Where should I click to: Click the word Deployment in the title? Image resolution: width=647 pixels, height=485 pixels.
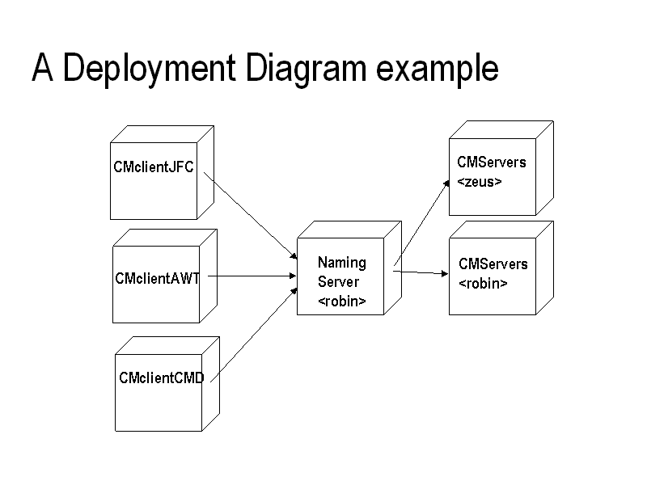(149, 69)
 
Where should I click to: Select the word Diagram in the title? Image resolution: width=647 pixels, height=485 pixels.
(306, 69)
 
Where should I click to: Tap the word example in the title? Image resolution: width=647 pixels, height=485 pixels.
(438, 69)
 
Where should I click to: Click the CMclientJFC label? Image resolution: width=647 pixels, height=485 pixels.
(154, 167)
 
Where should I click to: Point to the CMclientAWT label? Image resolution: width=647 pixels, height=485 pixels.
(157, 278)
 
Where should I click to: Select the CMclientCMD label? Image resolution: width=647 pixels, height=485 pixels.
(161, 377)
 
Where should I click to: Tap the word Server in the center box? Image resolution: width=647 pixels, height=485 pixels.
(338, 282)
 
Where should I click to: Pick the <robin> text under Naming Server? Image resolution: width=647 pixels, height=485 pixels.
(342, 302)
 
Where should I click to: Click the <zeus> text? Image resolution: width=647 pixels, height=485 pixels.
(480, 181)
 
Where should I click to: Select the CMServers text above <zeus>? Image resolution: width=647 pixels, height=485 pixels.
(492, 162)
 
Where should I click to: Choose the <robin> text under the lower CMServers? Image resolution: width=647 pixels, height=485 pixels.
(483, 284)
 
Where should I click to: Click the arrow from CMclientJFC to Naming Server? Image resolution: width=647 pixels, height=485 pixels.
(251, 216)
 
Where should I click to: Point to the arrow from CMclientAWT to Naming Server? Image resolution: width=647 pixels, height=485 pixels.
(252, 276)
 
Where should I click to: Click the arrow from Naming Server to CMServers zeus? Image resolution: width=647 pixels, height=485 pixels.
(421, 223)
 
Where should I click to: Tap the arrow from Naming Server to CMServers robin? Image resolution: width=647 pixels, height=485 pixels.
(421, 272)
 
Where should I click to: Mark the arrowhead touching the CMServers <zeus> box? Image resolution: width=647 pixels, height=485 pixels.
(446, 184)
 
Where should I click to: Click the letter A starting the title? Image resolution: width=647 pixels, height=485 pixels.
(43, 67)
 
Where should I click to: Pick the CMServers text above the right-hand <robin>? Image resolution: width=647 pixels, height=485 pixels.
(493, 264)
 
